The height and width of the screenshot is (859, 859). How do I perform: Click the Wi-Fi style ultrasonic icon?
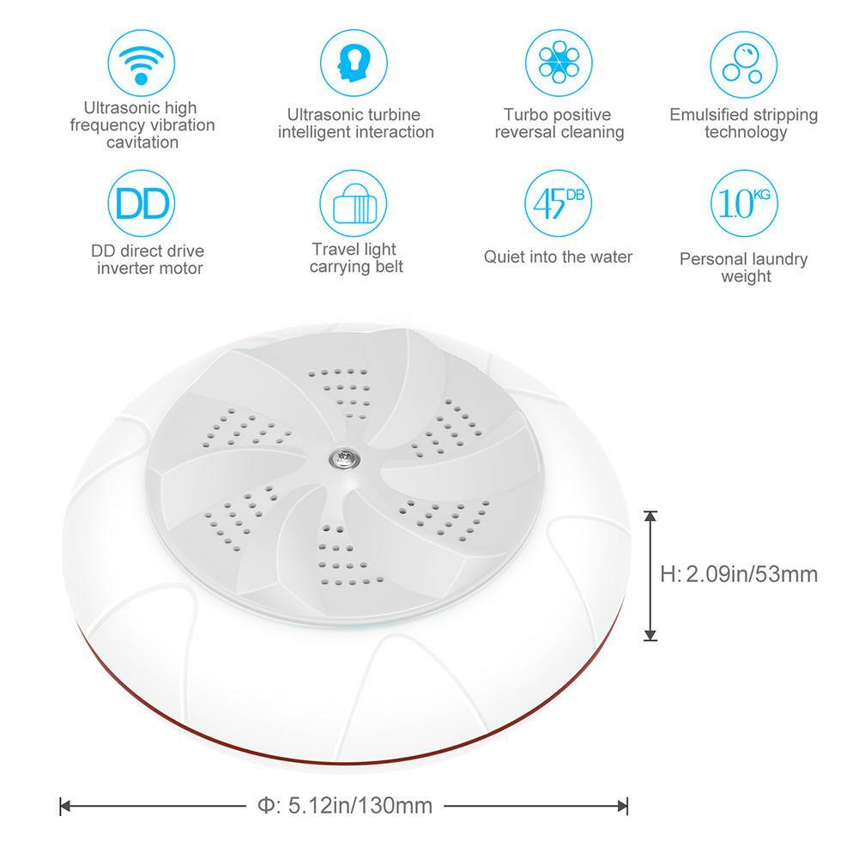142,63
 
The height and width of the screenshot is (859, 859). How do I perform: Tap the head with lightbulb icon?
354,63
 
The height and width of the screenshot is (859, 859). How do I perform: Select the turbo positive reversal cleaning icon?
559,63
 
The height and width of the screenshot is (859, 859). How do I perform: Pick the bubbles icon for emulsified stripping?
743,64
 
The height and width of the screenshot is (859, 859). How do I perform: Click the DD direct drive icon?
142,203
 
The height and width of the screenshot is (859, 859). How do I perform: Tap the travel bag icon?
354,203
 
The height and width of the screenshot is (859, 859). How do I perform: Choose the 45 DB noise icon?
559,203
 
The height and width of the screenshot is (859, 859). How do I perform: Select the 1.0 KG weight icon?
743,203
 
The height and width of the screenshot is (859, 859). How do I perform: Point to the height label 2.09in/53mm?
739,574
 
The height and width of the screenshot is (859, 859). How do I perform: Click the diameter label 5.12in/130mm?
345,805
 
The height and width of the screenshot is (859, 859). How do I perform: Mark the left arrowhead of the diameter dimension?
64,806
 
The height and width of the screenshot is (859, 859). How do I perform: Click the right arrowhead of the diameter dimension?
622,806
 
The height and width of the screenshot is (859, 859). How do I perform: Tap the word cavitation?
142,142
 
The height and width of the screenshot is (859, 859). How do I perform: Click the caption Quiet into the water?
558,257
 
